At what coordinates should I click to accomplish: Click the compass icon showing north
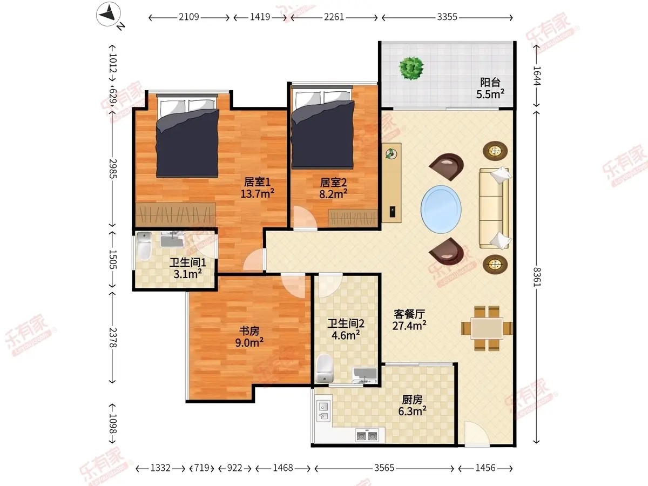coord(109,14)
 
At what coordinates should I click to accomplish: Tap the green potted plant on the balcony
coord(411,68)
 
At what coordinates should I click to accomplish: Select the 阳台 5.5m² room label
coord(490,88)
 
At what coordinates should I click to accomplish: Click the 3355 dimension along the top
coord(447,17)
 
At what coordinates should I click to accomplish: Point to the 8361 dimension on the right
coord(537,277)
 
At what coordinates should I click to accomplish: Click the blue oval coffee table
coord(441,209)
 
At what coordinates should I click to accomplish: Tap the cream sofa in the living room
coord(495,208)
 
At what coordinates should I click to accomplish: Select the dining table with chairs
coord(487,328)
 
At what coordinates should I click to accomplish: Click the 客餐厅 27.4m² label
coord(409,320)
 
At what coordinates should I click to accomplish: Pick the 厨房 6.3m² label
coord(412,406)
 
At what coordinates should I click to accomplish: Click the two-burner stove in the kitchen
coord(366,436)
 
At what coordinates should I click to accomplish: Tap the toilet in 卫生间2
coord(324,368)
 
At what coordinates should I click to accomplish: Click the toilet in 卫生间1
coord(144,246)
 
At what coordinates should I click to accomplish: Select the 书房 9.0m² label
coord(249,337)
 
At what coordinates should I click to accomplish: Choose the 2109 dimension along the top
coord(189,17)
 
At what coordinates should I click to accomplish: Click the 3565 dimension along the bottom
coord(384,468)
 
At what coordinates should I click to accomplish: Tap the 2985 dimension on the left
coord(113,168)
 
